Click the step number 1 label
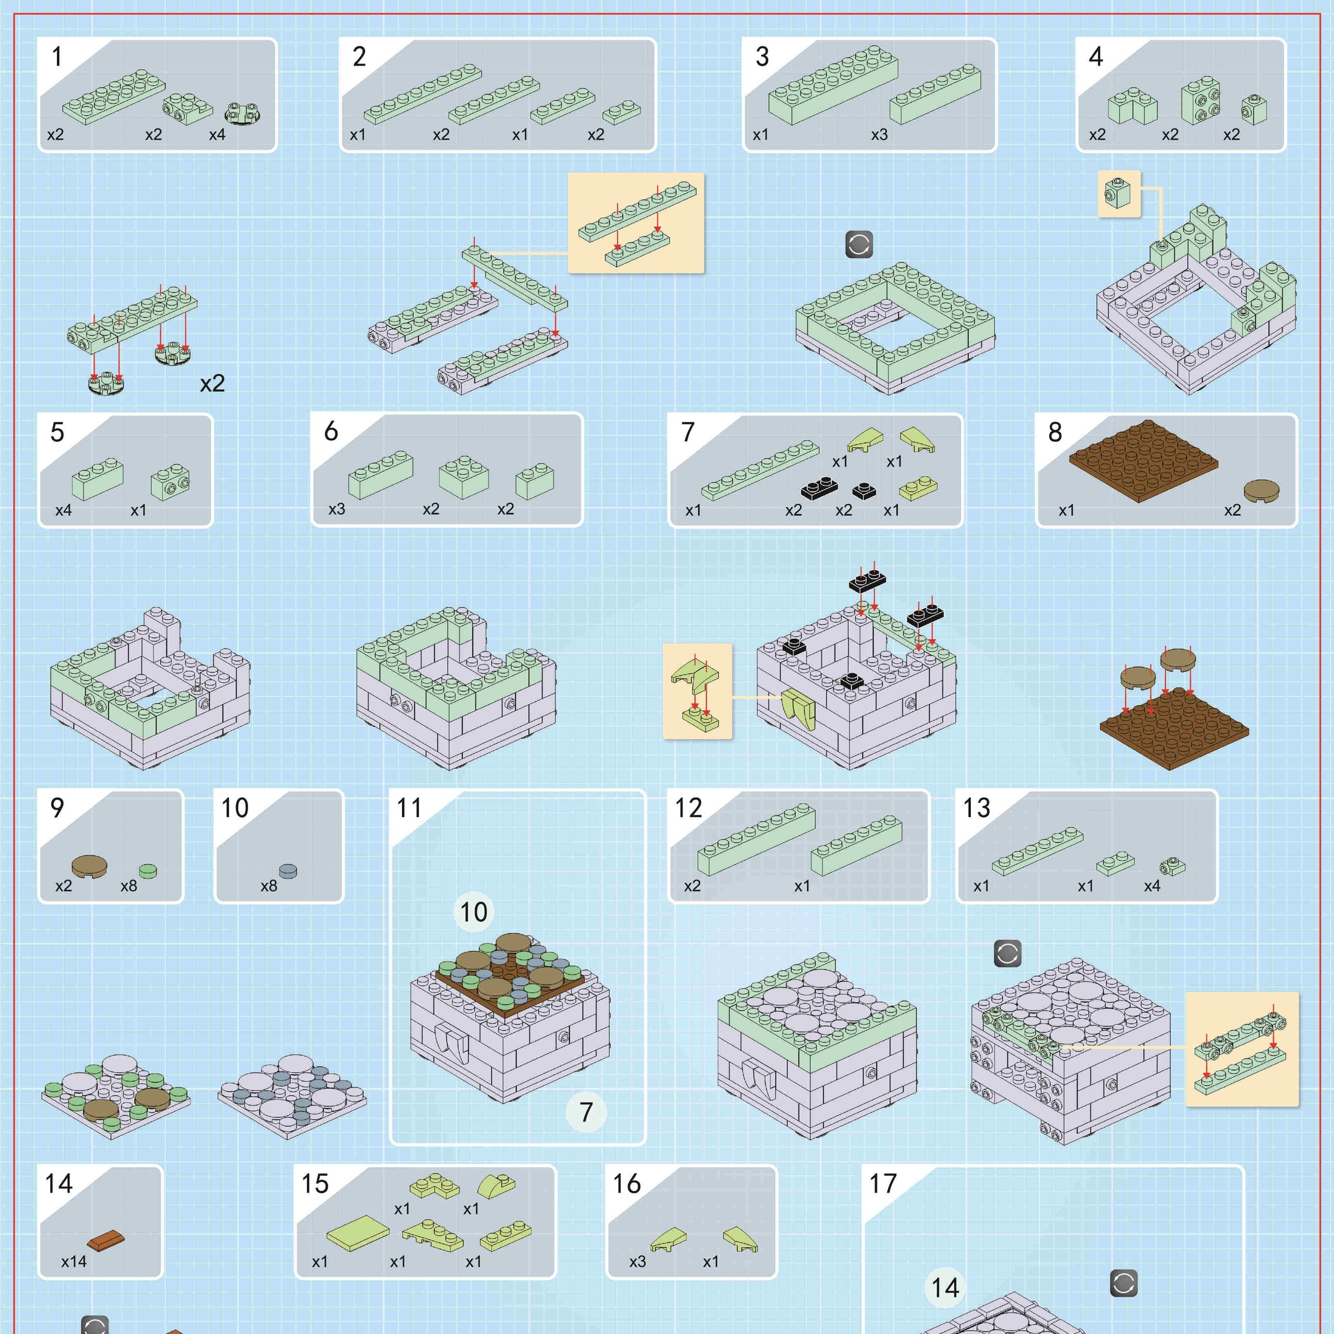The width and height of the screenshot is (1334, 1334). [x=57, y=57]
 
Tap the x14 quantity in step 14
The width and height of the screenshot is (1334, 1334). [x=74, y=1262]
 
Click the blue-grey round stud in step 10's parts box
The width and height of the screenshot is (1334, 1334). [x=288, y=871]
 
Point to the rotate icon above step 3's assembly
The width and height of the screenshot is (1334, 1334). [x=859, y=245]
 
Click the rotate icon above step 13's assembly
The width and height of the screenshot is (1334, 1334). [x=1007, y=954]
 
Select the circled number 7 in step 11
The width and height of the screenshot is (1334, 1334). [x=586, y=1112]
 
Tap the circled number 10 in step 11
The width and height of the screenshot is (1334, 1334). [x=474, y=912]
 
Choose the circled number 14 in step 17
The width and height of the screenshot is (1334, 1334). [x=946, y=1288]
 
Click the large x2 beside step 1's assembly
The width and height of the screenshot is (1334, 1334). [x=212, y=383]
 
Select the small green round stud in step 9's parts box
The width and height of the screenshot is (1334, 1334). [x=148, y=871]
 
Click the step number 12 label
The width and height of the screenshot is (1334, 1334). [x=688, y=808]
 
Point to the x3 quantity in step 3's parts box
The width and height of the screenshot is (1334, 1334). [x=879, y=135]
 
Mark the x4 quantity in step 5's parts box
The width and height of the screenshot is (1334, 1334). [x=64, y=510]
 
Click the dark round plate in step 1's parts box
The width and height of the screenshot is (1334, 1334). [x=246, y=113]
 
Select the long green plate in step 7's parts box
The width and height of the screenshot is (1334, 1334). [x=760, y=469]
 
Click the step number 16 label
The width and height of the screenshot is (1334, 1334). [x=627, y=1183]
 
